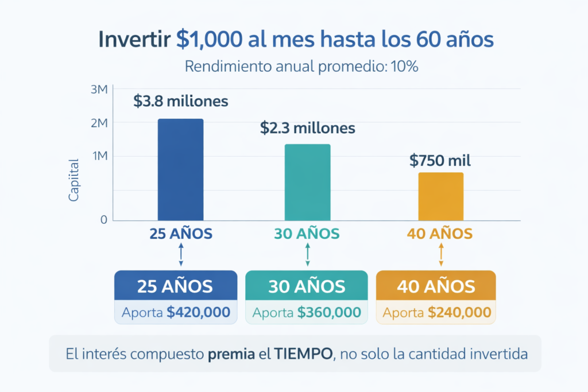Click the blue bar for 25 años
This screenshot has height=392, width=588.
[180, 169]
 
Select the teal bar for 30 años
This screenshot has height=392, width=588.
[307, 182]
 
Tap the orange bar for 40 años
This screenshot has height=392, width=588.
[440, 196]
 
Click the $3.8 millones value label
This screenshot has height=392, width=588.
[181, 102]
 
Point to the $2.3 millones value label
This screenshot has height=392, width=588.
[307, 128]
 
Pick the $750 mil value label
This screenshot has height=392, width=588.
[440, 160]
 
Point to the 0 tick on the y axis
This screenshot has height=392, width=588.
[104, 220]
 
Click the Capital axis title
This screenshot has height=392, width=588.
[73, 180]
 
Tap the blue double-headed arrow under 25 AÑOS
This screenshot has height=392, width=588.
[181, 254]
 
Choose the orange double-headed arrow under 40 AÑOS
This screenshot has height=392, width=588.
[440, 254]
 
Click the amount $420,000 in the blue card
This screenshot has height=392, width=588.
[198, 312]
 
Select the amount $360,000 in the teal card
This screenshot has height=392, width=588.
[329, 312]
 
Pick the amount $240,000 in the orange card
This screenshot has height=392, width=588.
[459, 312]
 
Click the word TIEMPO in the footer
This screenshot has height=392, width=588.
[306, 354]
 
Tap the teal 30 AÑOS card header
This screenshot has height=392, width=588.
[307, 286]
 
